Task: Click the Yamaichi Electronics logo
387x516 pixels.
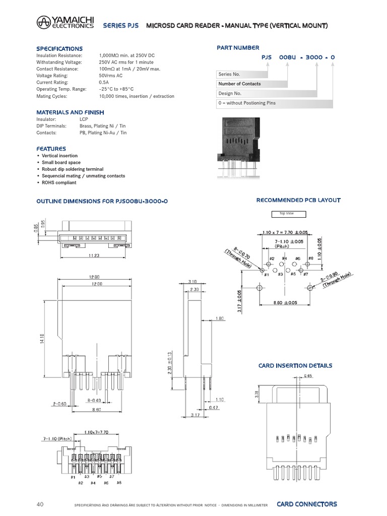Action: [x=64, y=23]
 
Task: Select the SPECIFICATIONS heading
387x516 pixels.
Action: [x=59, y=48]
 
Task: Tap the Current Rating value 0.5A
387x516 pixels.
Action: [x=104, y=82]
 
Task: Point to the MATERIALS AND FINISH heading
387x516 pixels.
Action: [x=70, y=112]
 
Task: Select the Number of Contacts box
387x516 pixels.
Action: [x=239, y=84]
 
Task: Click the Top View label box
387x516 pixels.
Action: [x=286, y=214]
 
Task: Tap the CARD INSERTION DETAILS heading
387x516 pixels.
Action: [x=295, y=365]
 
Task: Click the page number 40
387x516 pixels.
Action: [x=41, y=504]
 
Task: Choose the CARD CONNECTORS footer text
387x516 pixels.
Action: [x=307, y=504]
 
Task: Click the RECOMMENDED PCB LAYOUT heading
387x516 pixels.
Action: [x=298, y=200]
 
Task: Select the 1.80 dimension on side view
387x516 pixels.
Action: [x=219, y=318]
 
